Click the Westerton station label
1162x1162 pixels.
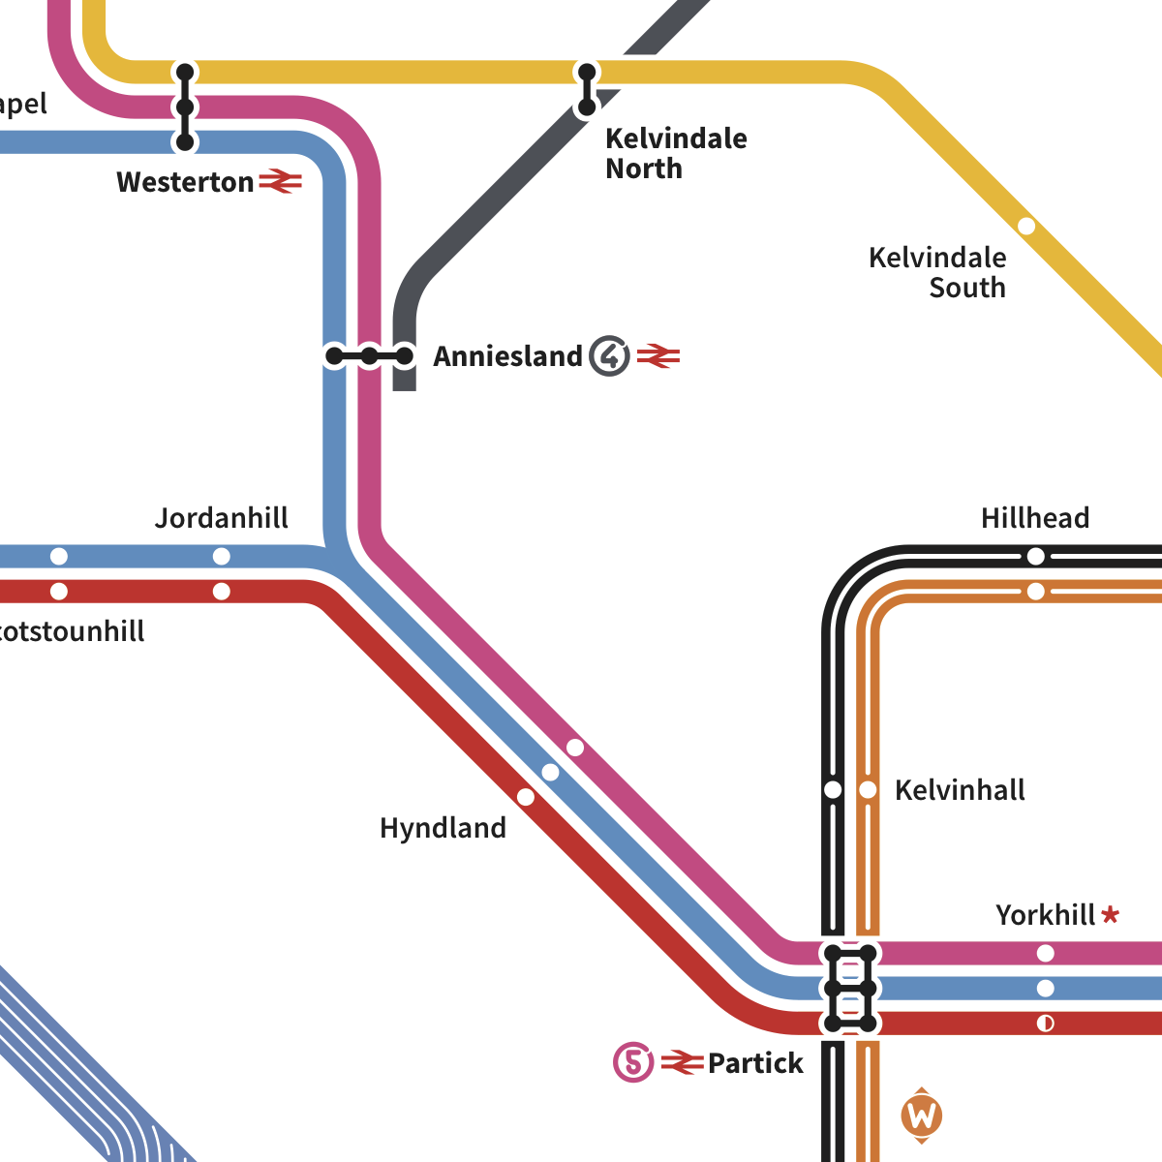click(x=185, y=182)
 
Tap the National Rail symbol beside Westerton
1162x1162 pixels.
click(x=281, y=181)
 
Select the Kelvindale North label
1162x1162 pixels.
click(x=676, y=153)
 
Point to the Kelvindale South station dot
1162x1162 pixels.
click(x=1026, y=227)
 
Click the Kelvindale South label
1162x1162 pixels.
click(x=937, y=272)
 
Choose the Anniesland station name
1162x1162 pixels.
click(x=507, y=356)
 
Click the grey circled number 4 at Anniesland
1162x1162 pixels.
click(x=610, y=356)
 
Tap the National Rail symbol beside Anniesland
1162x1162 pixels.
click(x=658, y=356)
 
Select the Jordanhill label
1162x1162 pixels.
click(x=222, y=518)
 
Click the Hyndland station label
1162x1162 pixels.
click(x=443, y=828)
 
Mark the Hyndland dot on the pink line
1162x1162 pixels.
click(x=575, y=748)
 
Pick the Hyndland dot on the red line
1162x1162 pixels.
click(x=526, y=797)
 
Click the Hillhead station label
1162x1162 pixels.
click(x=1035, y=518)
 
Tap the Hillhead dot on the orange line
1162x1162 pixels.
click(x=1036, y=591)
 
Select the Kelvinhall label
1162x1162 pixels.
click(x=960, y=790)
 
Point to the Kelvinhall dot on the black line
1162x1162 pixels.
click(x=833, y=790)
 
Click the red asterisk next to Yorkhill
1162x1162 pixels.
click(x=1111, y=914)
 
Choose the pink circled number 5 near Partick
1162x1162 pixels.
click(x=633, y=1062)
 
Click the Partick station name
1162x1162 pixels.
click(x=755, y=1063)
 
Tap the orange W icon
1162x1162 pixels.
click(x=921, y=1116)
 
